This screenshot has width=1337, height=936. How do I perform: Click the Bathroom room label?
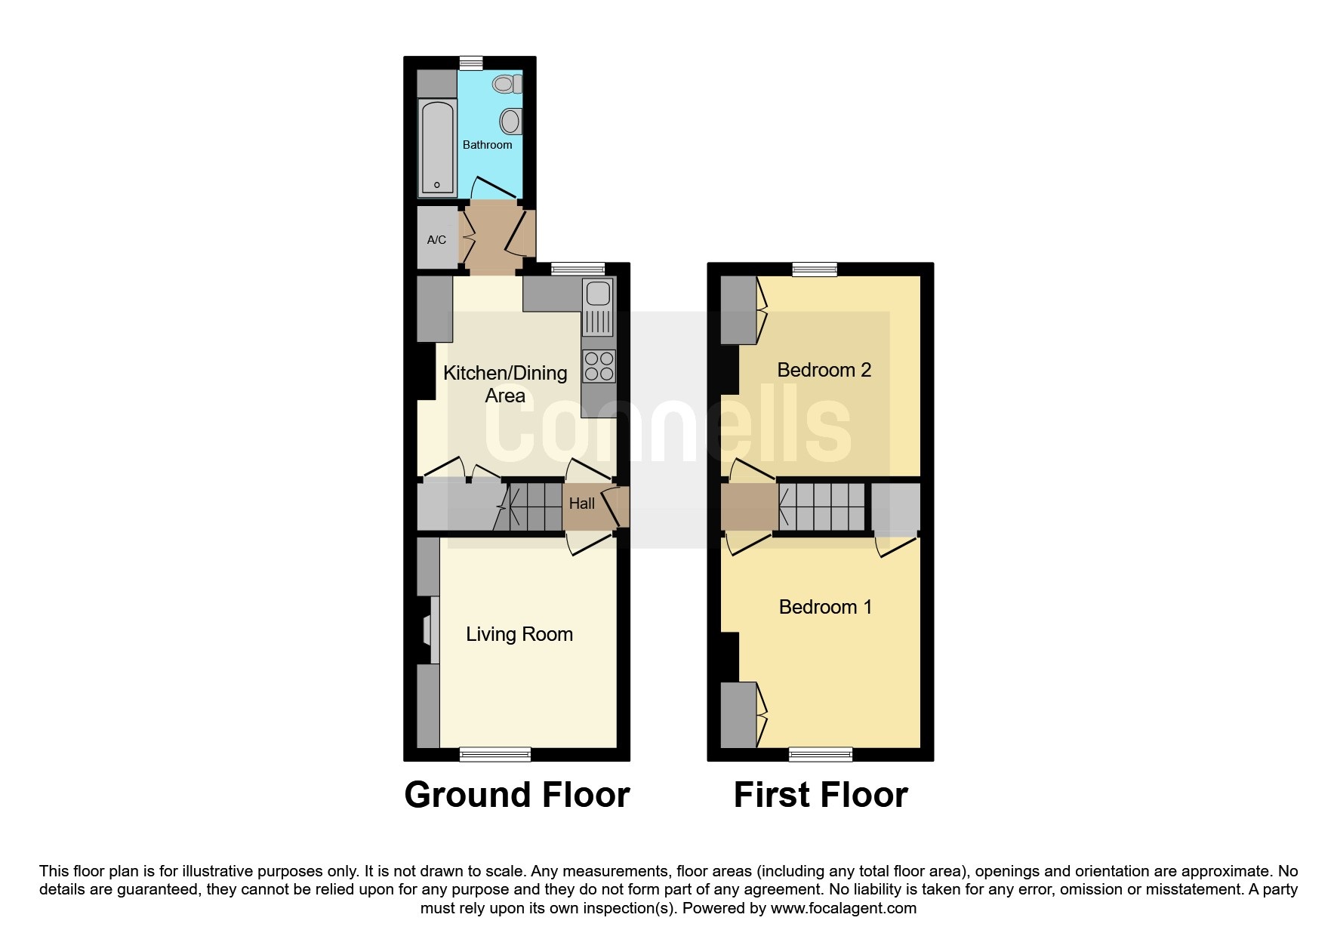pos(487,145)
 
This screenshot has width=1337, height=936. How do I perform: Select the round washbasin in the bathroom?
pos(511,122)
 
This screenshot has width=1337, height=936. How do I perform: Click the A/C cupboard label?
pos(436,240)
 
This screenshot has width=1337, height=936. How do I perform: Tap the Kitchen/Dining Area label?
pos(505,384)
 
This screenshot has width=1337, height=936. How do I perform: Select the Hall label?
pos(581,503)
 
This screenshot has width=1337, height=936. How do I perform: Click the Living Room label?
pos(519,634)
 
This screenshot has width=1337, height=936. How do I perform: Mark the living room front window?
pos(495,753)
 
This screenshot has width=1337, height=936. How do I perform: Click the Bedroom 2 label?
pos(824,370)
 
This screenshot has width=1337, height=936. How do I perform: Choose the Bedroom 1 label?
pos(825,607)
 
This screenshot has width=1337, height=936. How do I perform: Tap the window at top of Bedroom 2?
pos(815,269)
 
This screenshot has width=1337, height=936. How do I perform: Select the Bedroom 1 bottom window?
pos(821,753)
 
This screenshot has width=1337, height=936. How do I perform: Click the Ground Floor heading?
pos(517,795)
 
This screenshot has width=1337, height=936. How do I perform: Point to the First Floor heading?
pos(821,795)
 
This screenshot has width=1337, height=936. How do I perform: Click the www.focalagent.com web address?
pos(843,908)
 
